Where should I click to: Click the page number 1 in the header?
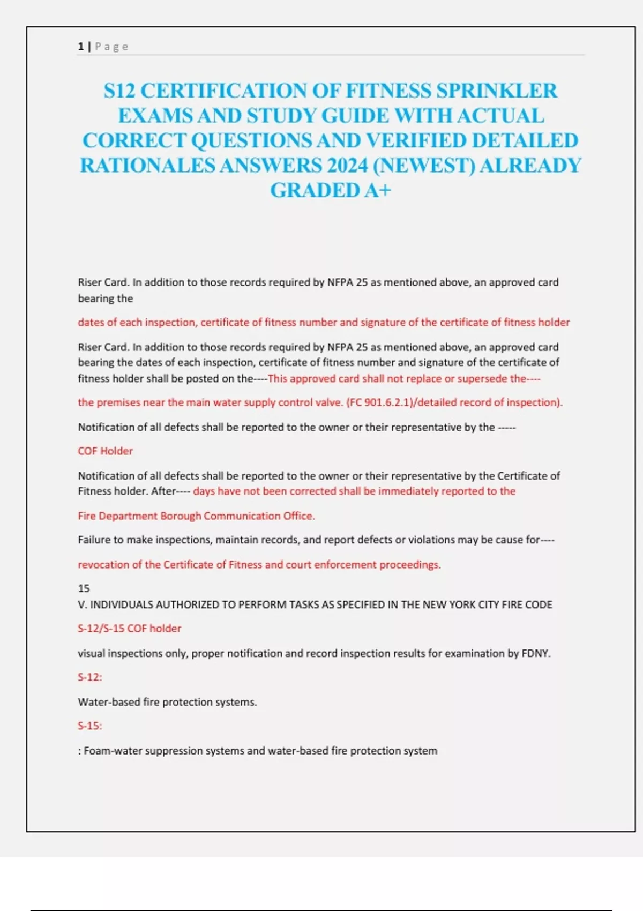coord(81,47)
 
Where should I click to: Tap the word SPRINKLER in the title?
coord(497,91)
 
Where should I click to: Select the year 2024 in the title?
coord(347,165)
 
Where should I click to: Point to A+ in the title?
coord(377,190)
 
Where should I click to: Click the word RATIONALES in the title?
coord(147,165)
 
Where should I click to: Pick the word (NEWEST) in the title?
coord(423,165)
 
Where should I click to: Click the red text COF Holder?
coord(105,451)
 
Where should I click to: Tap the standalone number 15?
coord(84,588)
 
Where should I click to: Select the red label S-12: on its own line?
coord(89,677)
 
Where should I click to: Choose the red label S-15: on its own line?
coord(89,726)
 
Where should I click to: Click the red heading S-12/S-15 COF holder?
coord(129,629)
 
